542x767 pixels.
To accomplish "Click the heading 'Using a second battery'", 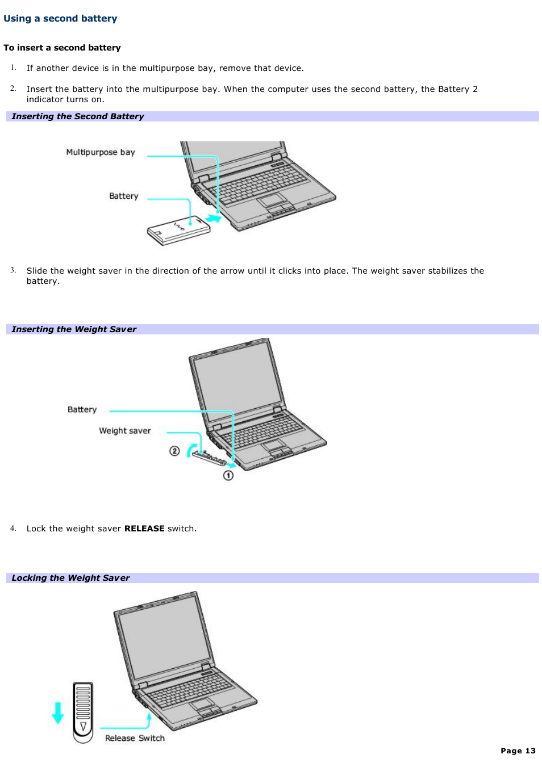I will pyautogui.click(x=60, y=19).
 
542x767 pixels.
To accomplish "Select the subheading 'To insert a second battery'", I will pyautogui.click(x=62, y=48).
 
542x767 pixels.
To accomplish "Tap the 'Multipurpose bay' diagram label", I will pyautogui.click(x=101, y=152).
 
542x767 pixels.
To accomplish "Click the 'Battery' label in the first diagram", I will pyautogui.click(x=124, y=196).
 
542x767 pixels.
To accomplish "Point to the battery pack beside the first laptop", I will pyautogui.click(x=178, y=230).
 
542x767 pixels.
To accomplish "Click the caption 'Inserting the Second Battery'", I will pyautogui.click(x=78, y=116).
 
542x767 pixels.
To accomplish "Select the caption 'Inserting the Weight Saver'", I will pyautogui.click(x=74, y=329).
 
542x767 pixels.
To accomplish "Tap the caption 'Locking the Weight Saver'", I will pyautogui.click(x=70, y=578).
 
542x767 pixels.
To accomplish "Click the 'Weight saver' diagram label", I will pyautogui.click(x=125, y=431).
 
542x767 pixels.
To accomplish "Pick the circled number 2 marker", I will pyautogui.click(x=174, y=451).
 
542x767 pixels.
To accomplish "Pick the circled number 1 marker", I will pyautogui.click(x=228, y=475).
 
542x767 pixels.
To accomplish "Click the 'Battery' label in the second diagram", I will pyautogui.click(x=82, y=410).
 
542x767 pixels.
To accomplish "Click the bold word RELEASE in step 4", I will pyautogui.click(x=144, y=529).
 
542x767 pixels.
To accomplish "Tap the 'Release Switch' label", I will pyautogui.click(x=135, y=738).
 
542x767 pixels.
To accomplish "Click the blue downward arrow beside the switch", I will pyautogui.click(x=57, y=712).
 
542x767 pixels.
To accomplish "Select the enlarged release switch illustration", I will pyautogui.click(x=83, y=712).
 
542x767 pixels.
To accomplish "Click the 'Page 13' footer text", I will pyautogui.click(x=518, y=751).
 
